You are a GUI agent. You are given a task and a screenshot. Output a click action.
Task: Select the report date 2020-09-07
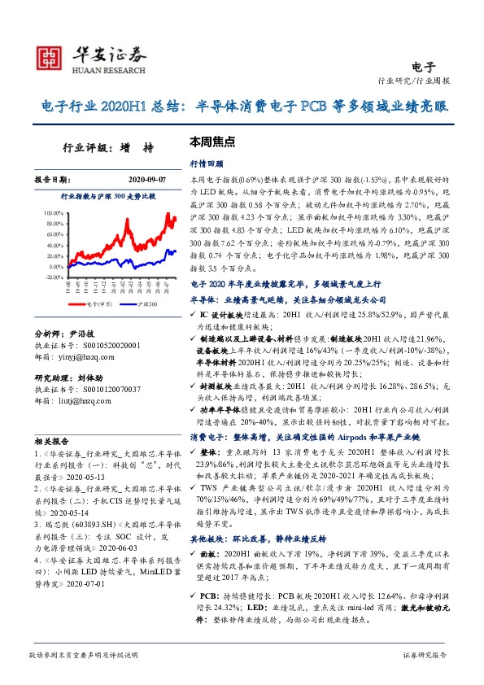click(147, 178)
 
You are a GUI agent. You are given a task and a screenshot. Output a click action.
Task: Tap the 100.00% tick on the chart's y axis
click(48, 212)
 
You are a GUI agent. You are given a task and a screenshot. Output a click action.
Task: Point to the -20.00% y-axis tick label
click(48, 277)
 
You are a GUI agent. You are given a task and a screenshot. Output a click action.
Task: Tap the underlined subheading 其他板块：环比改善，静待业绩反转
click(249, 538)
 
